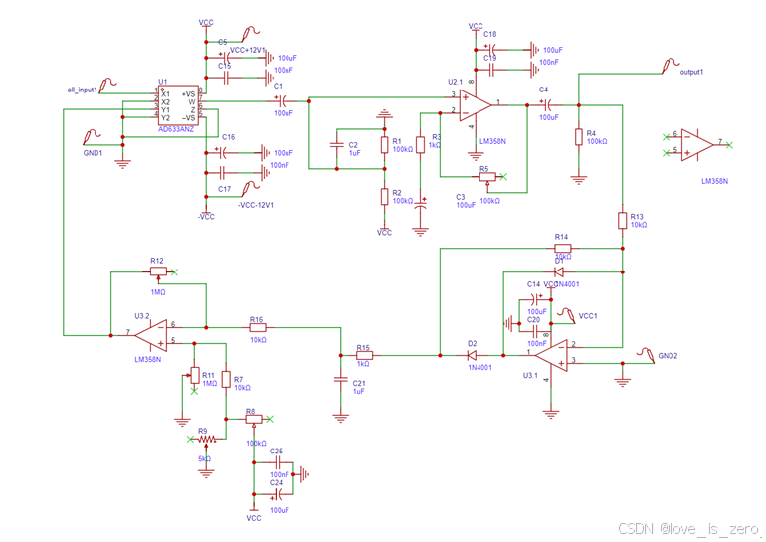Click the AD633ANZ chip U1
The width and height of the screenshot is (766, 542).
coord(180,105)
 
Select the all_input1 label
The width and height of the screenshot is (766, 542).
coord(84,90)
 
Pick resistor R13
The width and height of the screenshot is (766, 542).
coord(622,220)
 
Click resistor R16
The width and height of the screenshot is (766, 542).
coord(257,325)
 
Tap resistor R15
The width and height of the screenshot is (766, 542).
coord(364,354)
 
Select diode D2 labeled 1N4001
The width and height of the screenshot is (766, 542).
coord(472,354)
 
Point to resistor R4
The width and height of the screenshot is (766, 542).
coord(578,137)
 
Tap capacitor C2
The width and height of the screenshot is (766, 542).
coord(340,150)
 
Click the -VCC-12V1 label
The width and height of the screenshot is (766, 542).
coord(256,204)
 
